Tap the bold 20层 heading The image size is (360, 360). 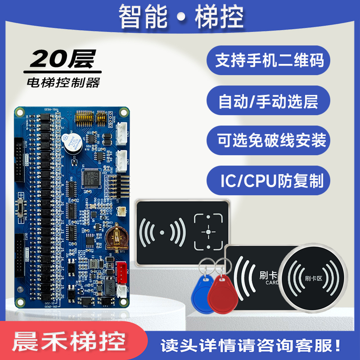point(62,59)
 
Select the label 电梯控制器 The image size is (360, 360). point(63,83)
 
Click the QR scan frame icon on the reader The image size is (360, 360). point(208,231)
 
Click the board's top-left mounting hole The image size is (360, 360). point(19,110)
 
